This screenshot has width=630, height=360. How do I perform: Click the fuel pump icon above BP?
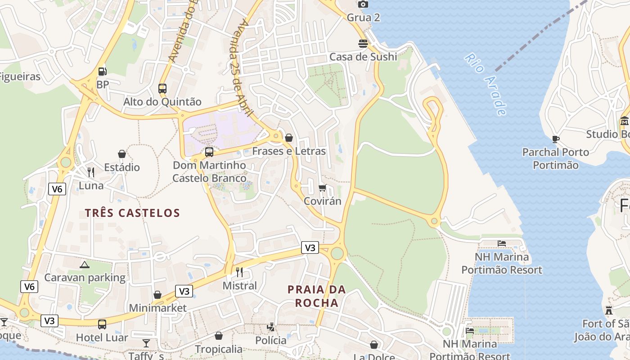(103, 71)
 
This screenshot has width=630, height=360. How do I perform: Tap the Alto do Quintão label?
(162, 102)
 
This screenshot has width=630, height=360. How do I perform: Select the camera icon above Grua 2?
(363, 4)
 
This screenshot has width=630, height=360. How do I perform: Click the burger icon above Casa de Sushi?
(363, 44)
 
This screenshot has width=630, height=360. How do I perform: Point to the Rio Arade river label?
(486, 85)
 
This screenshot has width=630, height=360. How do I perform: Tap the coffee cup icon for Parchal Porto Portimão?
(555, 139)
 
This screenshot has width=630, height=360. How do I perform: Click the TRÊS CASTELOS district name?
(132, 213)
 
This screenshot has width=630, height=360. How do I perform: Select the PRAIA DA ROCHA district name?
(317, 296)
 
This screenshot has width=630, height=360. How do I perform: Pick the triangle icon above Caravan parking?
(84, 265)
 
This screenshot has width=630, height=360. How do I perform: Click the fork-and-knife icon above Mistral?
(239, 272)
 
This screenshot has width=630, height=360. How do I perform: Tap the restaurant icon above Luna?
(91, 172)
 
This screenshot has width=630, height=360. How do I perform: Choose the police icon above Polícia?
(271, 327)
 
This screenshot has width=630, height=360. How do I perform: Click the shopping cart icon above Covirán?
(322, 188)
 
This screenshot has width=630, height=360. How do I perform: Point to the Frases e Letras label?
(289, 151)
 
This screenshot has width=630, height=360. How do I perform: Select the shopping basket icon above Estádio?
(122, 154)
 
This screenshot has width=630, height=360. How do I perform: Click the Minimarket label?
(157, 308)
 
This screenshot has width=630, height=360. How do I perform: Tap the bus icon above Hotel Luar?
(102, 324)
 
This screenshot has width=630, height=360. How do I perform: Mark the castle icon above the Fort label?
(609, 310)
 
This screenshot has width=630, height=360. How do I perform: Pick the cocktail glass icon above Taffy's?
(146, 344)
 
